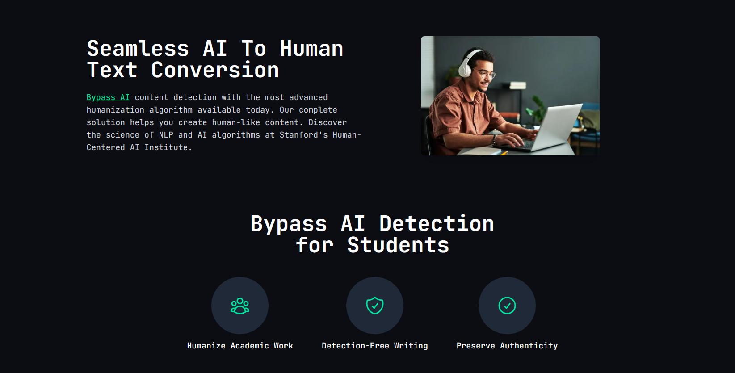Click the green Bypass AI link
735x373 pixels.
pyautogui.click(x=108, y=97)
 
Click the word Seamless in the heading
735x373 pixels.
pyautogui.click(x=138, y=49)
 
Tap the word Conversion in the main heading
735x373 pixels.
pyautogui.click(x=215, y=70)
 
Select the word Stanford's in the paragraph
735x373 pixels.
pyautogui.click(x=303, y=135)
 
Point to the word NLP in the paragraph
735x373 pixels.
pyautogui.click(x=166, y=135)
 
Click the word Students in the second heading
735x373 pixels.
pyautogui.click(x=398, y=245)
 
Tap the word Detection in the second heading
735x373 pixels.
pyautogui.click(x=437, y=223)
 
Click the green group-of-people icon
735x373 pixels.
pyautogui.click(x=240, y=306)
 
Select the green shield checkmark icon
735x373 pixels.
pyautogui.click(x=375, y=306)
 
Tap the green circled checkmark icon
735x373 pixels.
pyautogui.click(x=507, y=306)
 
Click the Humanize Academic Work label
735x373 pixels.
pyautogui.click(x=240, y=345)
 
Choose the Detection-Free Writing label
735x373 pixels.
pyautogui.click(x=375, y=345)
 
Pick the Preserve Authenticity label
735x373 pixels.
pyautogui.click(x=507, y=346)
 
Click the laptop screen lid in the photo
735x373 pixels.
pyautogui.click(x=558, y=126)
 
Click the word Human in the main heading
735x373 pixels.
pyautogui.click(x=311, y=49)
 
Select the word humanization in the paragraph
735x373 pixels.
pyautogui.click(x=115, y=110)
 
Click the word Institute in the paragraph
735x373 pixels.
pyautogui.click(x=166, y=147)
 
